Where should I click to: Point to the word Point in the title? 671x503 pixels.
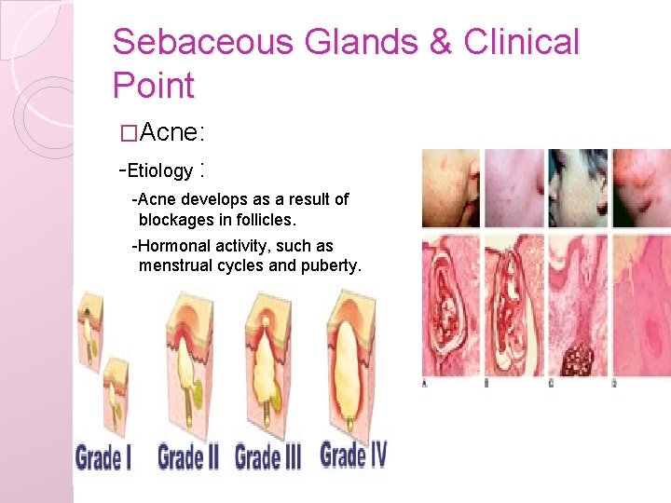tap(153, 86)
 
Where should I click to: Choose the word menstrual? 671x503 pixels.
tap(178, 266)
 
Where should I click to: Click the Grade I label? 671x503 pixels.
tap(104, 458)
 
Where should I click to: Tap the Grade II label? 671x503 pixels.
tap(188, 457)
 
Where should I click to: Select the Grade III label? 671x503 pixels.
tap(268, 457)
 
